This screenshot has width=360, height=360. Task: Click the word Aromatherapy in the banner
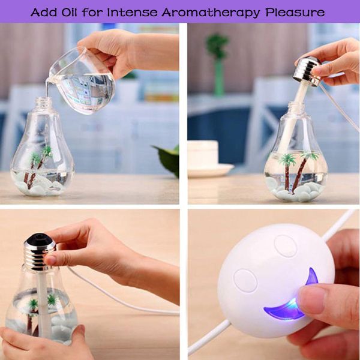click(211, 13)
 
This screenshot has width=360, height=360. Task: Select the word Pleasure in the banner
click(295, 12)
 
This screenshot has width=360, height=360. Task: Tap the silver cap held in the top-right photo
click(307, 71)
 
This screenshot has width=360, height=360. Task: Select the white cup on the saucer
click(203, 153)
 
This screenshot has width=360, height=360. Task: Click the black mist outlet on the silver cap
click(39, 237)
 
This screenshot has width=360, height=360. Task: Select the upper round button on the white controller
click(286, 246)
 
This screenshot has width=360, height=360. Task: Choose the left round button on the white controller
click(245, 281)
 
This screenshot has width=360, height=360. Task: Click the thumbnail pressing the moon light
click(310, 299)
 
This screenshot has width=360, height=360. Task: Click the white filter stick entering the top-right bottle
click(296, 115)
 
